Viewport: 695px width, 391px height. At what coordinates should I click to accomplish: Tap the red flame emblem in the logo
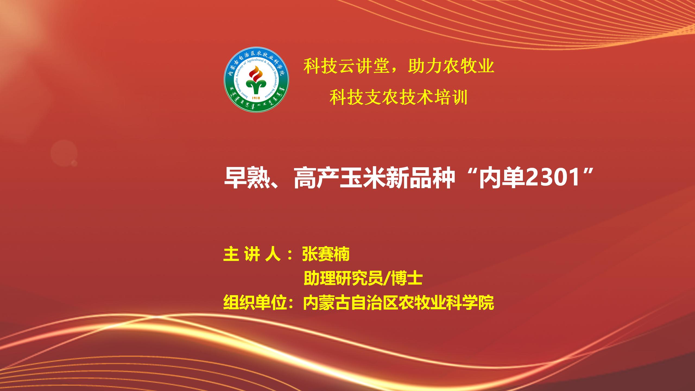tap(256, 72)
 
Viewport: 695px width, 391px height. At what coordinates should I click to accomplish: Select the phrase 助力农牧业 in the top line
tap(451, 66)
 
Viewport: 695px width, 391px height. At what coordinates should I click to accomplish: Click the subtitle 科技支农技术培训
tap(398, 97)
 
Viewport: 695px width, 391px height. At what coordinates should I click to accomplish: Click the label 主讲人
tap(252, 254)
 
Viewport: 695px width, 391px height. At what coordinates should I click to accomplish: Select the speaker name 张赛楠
tap(326, 254)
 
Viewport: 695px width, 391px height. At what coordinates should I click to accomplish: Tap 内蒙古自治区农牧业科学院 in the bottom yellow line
tap(398, 303)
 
